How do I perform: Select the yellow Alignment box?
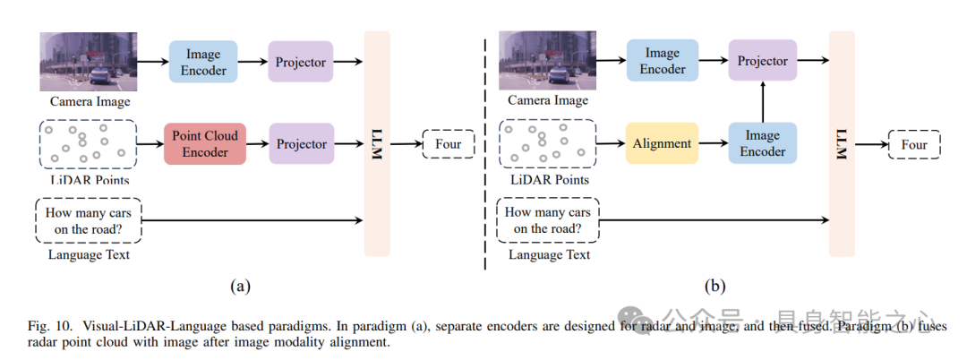click(x=662, y=143)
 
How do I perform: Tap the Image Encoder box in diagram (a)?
click(x=204, y=61)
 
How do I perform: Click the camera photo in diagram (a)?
click(x=88, y=61)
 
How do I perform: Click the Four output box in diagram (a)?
click(x=449, y=143)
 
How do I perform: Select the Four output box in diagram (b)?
click(x=914, y=143)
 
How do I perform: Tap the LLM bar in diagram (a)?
click(x=377, y=143)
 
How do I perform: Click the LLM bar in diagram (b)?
click(x=841, y=143)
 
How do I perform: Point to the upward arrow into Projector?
click(x=762, y=99)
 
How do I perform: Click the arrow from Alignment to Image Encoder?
click(x=712, y=143)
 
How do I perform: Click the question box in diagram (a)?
click(x=89, y=220)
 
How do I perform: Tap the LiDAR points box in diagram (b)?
click(x=548, y=143)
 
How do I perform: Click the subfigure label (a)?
click(x=239, y=287)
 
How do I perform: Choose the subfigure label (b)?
click(x=715, y=287)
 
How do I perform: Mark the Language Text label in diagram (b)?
click(x=549, y=255)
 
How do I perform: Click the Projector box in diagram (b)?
click(x=762, y=61)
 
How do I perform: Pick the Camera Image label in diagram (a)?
click(x=90, y=101)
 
